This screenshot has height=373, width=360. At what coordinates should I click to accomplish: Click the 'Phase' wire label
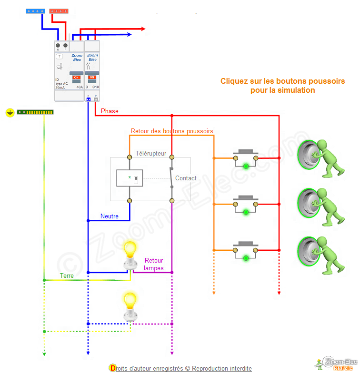pyautogui.click(x=110, y=111)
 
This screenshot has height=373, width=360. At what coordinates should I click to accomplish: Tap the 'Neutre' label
pyautogui.click(x=109, y=216)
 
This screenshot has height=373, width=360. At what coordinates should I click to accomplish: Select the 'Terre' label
pyautogui.click(x=67, y=275)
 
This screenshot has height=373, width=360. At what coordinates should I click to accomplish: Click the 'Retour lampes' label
pyautogui.click(x=154, y=264)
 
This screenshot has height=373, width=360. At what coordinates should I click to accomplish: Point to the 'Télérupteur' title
pyautogui.click(x=151, y=153)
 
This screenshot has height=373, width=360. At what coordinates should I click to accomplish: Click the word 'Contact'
pyautogui.click(x=186, y=178)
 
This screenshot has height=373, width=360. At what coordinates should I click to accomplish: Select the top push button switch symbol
pyautogui.click(x=245, y=157)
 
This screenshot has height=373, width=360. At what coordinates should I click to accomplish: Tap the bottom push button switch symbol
pyautogui.click(x=245, y=249)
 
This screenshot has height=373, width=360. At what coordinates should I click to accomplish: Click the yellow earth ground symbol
pyautogui.click(x=10, y=113)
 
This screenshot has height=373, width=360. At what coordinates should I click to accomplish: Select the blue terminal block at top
pyautogui.click(x=35, y=10)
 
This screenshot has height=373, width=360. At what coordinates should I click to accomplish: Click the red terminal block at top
pyautogui.click(x=59, y=10)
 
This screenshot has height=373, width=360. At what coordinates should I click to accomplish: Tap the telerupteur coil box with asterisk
pyautogui.click(x=130, y=178)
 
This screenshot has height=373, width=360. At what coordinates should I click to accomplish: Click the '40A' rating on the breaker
pyautogui.click(x=80, y=87)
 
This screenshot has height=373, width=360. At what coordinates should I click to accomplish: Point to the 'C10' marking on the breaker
pyautogui.click(x=95, y=87)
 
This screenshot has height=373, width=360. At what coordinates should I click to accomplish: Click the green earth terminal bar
pyautogui.click(x=35, y=112)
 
